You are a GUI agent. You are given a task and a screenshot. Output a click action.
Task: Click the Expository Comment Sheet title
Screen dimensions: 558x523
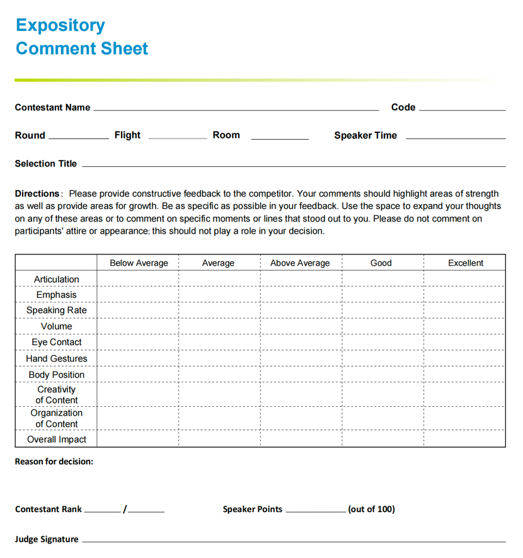click(82, 37)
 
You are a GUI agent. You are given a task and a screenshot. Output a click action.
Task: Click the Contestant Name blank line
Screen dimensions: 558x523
click(236, 110)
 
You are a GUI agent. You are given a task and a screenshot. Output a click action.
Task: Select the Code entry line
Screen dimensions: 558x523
click(462, 110)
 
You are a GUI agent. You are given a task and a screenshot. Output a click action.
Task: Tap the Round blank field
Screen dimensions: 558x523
click(78, 137)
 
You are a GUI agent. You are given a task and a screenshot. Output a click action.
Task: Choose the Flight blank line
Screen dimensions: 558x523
click(177, 137)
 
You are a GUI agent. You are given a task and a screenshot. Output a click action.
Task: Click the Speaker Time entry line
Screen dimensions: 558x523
click(456, 137)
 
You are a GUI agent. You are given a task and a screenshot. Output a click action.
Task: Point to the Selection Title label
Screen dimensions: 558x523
click(46, 164)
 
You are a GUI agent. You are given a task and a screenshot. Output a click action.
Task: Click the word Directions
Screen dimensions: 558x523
click(37, 194)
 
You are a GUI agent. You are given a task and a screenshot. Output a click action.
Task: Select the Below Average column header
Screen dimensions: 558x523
click(139, 263)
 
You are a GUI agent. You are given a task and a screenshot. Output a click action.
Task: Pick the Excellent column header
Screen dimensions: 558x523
click(466, 263)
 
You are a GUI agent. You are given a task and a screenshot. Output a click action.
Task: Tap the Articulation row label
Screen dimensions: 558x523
click(57, 279)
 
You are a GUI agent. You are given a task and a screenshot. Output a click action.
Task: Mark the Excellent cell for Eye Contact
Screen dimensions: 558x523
click(464, 343)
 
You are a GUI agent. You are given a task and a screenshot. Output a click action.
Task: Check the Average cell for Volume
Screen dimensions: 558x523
click(219, 326)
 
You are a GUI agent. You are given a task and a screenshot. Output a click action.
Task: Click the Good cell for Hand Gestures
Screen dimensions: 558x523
click(382, 358)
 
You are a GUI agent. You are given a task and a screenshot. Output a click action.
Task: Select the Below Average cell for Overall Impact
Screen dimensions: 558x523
click(139, 440)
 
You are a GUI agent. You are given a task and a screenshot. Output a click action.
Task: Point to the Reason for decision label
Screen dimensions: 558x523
click(54, 462)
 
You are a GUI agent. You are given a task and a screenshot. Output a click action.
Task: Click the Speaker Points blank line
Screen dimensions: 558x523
click(315, 511)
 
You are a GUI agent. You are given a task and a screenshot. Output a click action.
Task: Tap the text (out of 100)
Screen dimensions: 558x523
click(372, 509)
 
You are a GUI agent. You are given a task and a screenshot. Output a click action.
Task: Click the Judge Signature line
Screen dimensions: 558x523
click(294, 541)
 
